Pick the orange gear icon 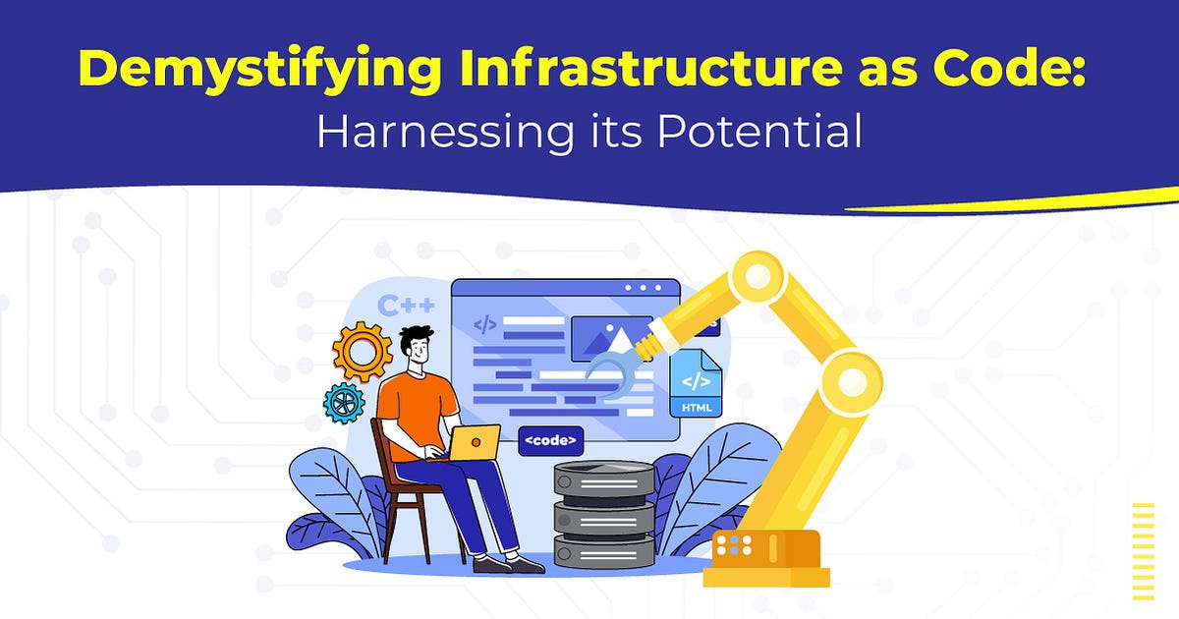tap(363, 352)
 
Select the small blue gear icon tap(344, 403)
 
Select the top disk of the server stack tap(603, 478)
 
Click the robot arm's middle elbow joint tap(850, 378)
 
